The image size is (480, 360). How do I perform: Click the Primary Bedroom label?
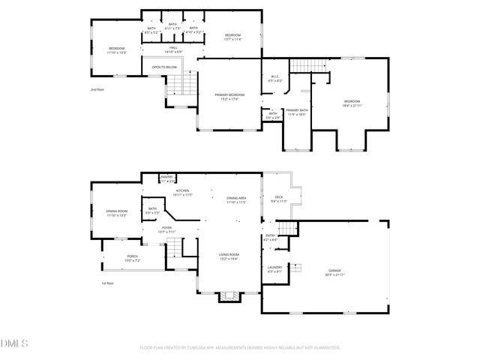[229, 96]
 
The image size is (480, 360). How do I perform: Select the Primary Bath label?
[297, 112]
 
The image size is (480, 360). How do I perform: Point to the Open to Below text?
[164, 67]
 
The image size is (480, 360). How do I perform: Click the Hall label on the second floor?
[172, 49]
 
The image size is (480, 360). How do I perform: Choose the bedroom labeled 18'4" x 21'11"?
[352, 103]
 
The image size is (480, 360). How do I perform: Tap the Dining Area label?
[237, 199]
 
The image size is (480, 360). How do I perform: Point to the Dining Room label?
[116, 213]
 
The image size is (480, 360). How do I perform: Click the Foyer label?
[166, 229]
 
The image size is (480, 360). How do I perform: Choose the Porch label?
[132, 257]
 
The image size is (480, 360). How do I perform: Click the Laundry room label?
[274, 269]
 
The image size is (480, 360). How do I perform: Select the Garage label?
[334, 271]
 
